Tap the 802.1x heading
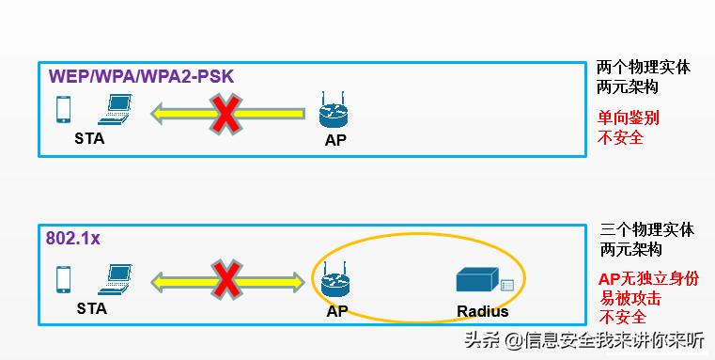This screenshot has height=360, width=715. click(x=72, y=239)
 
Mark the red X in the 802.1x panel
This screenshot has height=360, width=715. click(x=226, y=279)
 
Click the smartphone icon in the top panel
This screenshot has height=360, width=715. click(x=64, y=110)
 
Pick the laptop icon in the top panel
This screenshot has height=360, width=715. click(x=117, y=112)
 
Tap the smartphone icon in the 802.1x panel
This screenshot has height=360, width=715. click(x=64, y=279)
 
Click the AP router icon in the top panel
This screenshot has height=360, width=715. click(x=334, y=111)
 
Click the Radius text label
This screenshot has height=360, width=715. click(x=482, y=311)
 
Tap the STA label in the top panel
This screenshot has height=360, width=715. click(x=90, y=138)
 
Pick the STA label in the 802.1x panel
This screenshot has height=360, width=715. click(x=91, y=307)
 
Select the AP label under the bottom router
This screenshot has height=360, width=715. click(x=337, y=311)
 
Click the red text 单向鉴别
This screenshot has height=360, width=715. click(x=630, y=118)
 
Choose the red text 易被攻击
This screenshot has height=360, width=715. click(x=630, y=299)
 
